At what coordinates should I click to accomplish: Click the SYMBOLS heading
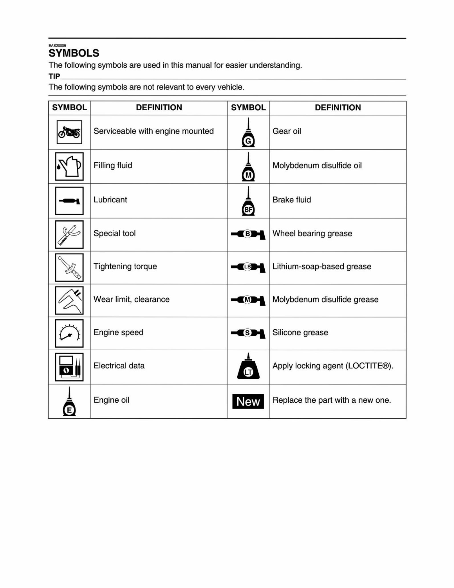74,53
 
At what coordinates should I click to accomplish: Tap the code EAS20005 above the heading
57,46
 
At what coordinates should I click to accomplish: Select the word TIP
54,76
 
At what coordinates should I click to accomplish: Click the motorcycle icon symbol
69,132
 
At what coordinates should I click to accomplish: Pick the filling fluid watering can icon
69,166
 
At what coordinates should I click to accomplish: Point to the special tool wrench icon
69,234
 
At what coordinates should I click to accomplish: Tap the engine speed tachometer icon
69,333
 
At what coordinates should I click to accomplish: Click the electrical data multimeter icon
69,367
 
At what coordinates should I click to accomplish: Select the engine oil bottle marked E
69,402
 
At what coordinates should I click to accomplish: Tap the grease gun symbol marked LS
248,267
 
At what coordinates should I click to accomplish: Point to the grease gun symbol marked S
248,333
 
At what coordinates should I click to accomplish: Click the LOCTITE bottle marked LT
248,367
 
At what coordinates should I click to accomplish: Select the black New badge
248,402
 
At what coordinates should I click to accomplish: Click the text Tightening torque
125,267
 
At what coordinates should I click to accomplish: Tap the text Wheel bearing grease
312,234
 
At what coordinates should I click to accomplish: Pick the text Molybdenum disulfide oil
317,166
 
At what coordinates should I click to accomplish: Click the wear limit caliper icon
69,300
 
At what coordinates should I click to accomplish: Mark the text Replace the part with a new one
332,400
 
